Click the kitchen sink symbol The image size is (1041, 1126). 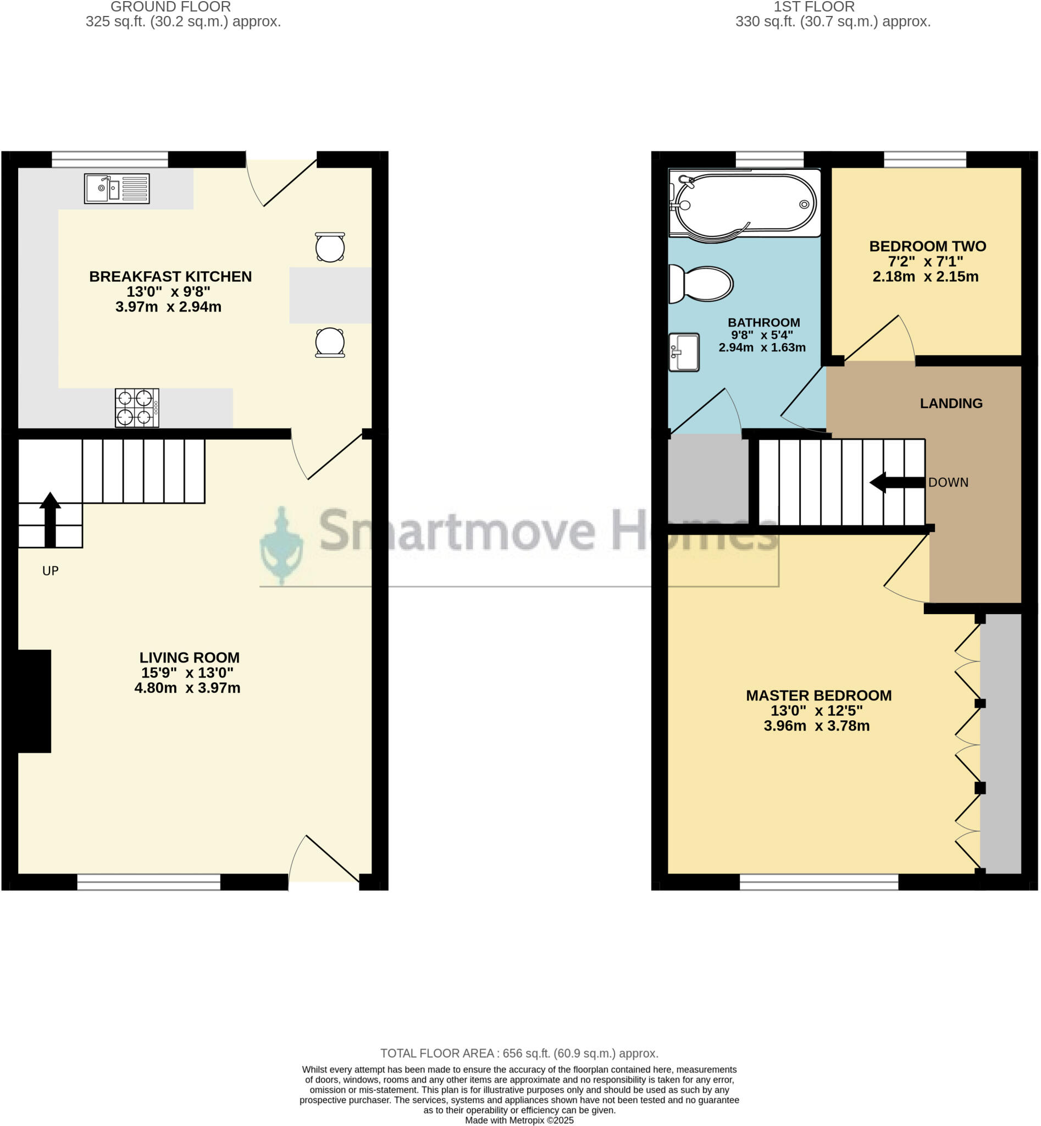[x=117, y=188]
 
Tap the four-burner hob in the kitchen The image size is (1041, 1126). [x=137, y=407]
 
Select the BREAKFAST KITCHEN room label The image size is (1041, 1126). [x=170, y=277]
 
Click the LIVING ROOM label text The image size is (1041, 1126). [x=189, y=658]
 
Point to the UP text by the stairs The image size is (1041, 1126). [x=51, y=571]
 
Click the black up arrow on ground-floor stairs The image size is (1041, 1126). [x=50, y=518]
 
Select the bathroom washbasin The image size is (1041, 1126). [x=684, y=352]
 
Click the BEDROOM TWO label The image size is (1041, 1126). [x=927, y=246]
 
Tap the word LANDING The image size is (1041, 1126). [x=951, y=404]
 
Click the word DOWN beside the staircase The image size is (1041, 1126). [x=948, y=482]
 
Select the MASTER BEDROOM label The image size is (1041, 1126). [x=818, y=696]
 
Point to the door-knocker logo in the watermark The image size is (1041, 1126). [x=281, y=545]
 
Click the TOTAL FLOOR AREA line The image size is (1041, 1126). [x=519, y=1053]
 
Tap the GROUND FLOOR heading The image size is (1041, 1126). [x=171, y=7]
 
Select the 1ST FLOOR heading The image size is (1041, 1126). [x=814, y=7]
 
